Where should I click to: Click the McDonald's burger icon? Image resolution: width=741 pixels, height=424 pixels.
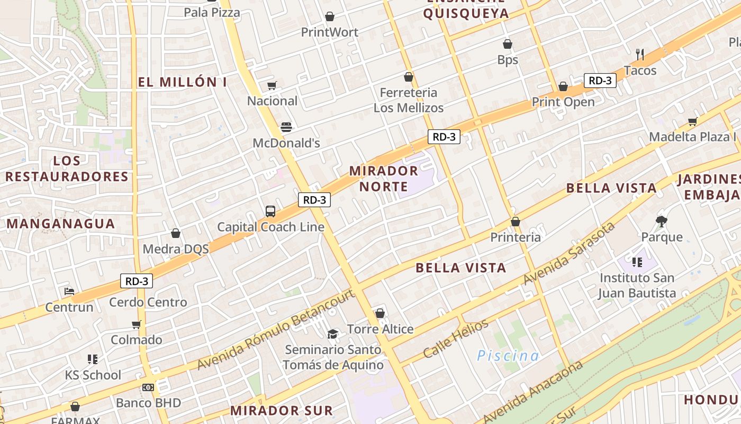(286, 127)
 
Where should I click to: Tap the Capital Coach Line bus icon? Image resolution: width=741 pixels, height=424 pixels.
(270, 211)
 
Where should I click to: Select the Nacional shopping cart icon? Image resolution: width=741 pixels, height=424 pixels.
(272, 85)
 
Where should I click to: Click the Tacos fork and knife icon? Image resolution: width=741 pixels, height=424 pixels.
(640, 54)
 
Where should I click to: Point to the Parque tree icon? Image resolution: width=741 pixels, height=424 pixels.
(661, 221)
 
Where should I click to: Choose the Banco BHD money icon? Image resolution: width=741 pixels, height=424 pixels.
(148, 387)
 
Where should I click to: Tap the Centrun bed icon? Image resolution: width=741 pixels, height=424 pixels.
(69, 291)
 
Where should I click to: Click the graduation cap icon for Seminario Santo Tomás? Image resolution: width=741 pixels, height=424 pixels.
(332, 334)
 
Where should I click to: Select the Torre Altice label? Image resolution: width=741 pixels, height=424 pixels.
(380, 329)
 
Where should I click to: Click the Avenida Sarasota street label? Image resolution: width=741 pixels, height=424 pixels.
(570, 253)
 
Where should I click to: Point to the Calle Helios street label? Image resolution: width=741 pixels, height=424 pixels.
(456, 339)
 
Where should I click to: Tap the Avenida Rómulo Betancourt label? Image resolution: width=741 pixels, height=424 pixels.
(275, 330)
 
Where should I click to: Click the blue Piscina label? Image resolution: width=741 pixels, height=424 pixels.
(508, 356)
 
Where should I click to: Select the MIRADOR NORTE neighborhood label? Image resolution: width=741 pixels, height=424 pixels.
(384, 179)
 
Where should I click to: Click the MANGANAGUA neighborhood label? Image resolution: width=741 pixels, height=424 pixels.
(61, 224)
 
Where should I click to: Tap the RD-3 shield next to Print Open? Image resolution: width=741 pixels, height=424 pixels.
(600, 81)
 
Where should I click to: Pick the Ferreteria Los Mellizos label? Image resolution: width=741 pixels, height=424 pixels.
(409, 100)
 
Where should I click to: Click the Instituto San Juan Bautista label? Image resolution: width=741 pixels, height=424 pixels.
(637, 285)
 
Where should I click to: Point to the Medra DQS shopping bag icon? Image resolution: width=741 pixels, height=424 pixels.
(176, 233)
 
